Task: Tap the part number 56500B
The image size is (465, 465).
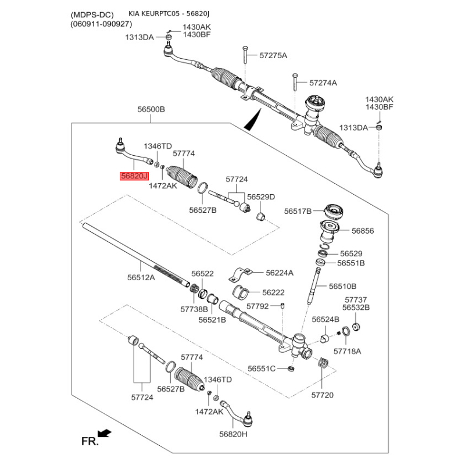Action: [151, 109]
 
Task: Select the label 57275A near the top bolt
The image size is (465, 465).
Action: [273, 56]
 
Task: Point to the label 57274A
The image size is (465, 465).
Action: [323, 83]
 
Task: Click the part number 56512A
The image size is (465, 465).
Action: [141, 278]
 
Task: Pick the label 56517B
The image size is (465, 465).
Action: [298, 210]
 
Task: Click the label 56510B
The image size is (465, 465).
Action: [342, 286]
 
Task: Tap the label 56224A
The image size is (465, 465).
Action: [280, 272]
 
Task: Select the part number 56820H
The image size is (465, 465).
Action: [233, 434]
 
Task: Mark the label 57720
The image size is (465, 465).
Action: [323, 395]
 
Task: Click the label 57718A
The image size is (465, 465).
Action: [347, 351]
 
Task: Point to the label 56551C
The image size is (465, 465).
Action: [262, 369]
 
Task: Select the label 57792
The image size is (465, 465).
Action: [257, 306]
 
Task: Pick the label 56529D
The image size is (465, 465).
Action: [261, 196]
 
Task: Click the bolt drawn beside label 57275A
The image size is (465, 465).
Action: [246, 56]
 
